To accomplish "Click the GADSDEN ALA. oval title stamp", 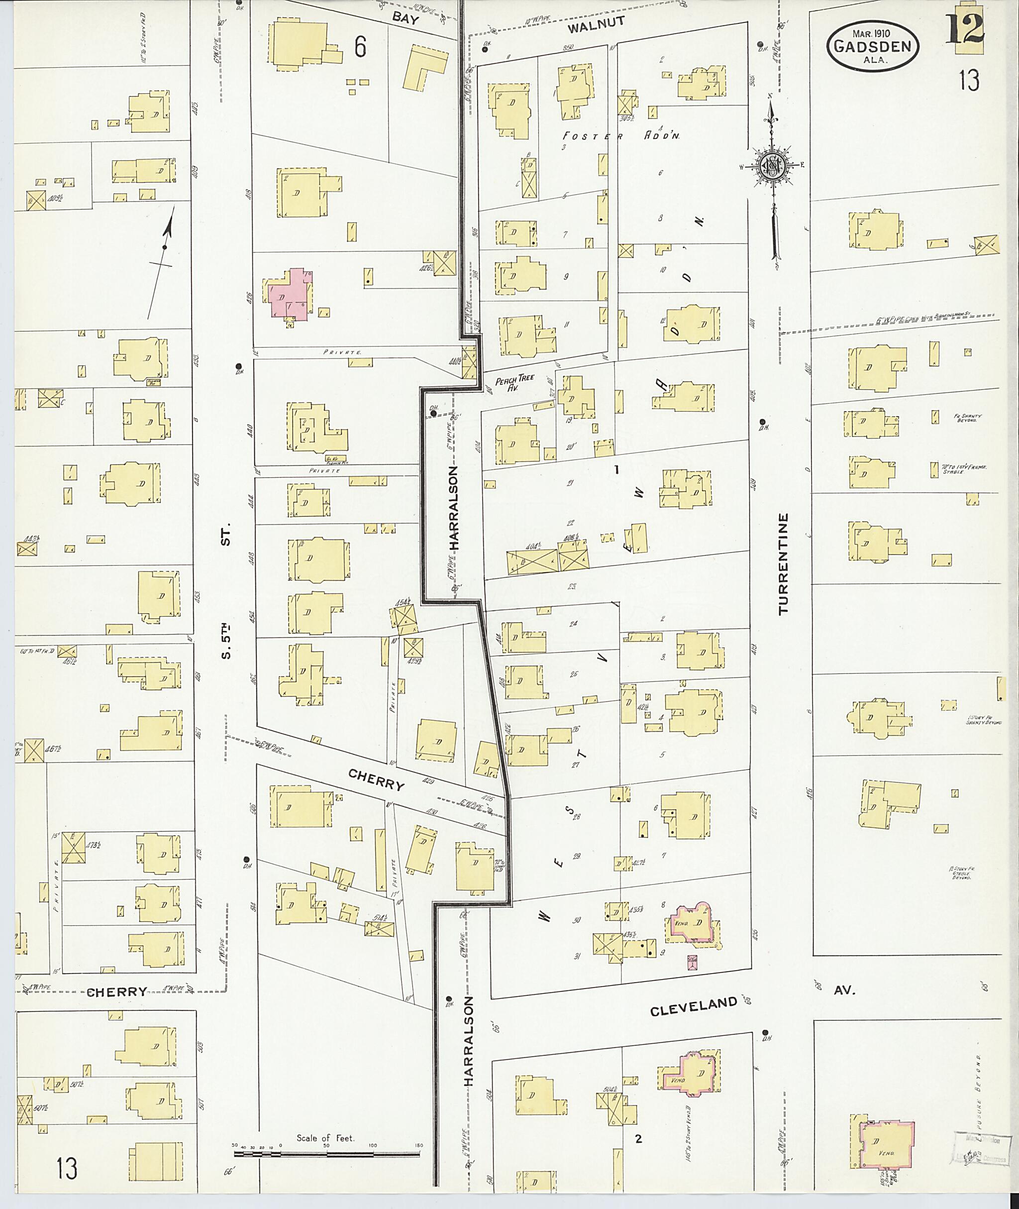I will (x=872, y=46).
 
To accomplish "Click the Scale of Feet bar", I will (x=326, y=1154).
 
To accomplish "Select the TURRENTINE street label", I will (x=783, y=563).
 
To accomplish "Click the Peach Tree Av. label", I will (x=514, y=383).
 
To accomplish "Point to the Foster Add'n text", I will (x=621, y=136).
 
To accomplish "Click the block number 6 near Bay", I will (x=360, y=47).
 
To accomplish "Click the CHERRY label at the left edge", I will (x=117, y=992).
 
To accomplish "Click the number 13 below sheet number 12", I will (x=969, y=81).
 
